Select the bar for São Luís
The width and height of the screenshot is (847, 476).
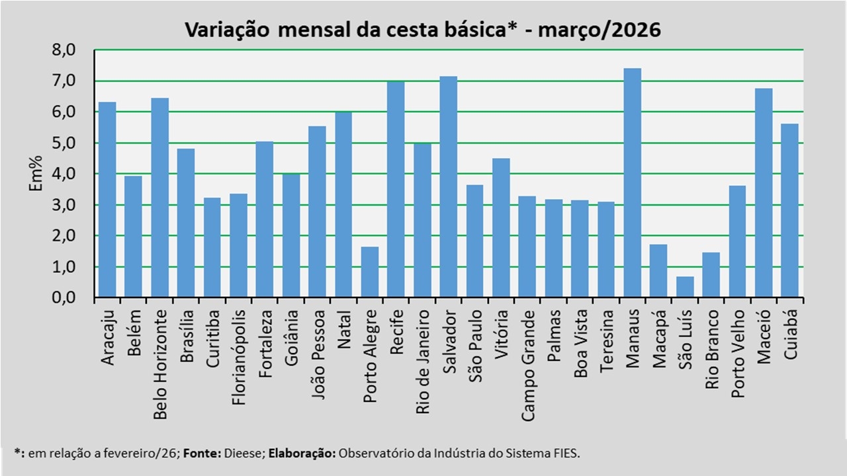685,287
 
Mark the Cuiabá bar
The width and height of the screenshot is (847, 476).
789,211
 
